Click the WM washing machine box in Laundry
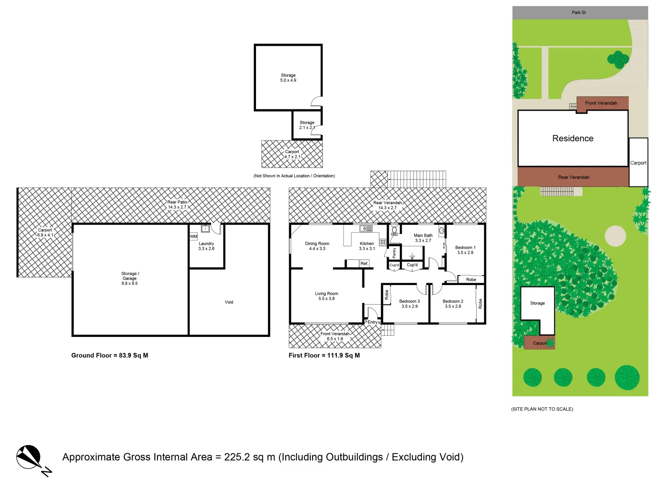tap(193, 236)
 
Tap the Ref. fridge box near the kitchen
tap(364, 264)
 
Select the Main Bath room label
tap(423, 238)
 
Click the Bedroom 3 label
tap(409, 304)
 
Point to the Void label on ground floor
tap(229, 302)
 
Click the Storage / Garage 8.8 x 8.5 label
tap(130, 278)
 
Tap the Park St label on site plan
tap(578, 13)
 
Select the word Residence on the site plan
tap(573, 138)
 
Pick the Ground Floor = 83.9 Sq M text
tap(109, 355)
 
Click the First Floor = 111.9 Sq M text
tap(324, 355)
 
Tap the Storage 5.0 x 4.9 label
tap(288, 78)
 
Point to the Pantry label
tap(394, 253)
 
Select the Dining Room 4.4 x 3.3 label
tap(317, 246)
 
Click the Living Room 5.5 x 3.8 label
tap(326, 296)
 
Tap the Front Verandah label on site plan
tap(601, 103)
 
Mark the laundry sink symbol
tap(205, 229)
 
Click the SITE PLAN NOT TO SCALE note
tap(542, 409)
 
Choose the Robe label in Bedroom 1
tap(471, 280)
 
